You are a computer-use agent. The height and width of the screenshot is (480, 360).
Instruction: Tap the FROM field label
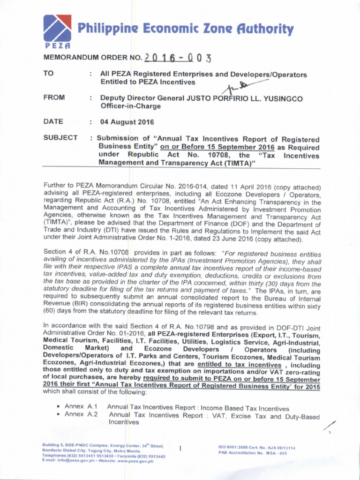[x=54, y=97]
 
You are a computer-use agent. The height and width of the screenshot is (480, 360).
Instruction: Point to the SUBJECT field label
[x=60, y=137]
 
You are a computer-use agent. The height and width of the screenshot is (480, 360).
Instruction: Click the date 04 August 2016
[x=127, y=122]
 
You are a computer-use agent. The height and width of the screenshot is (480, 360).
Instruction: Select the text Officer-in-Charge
[x=130, y=106]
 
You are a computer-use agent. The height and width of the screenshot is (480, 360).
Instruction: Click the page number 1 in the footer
[x=180, y=449]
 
